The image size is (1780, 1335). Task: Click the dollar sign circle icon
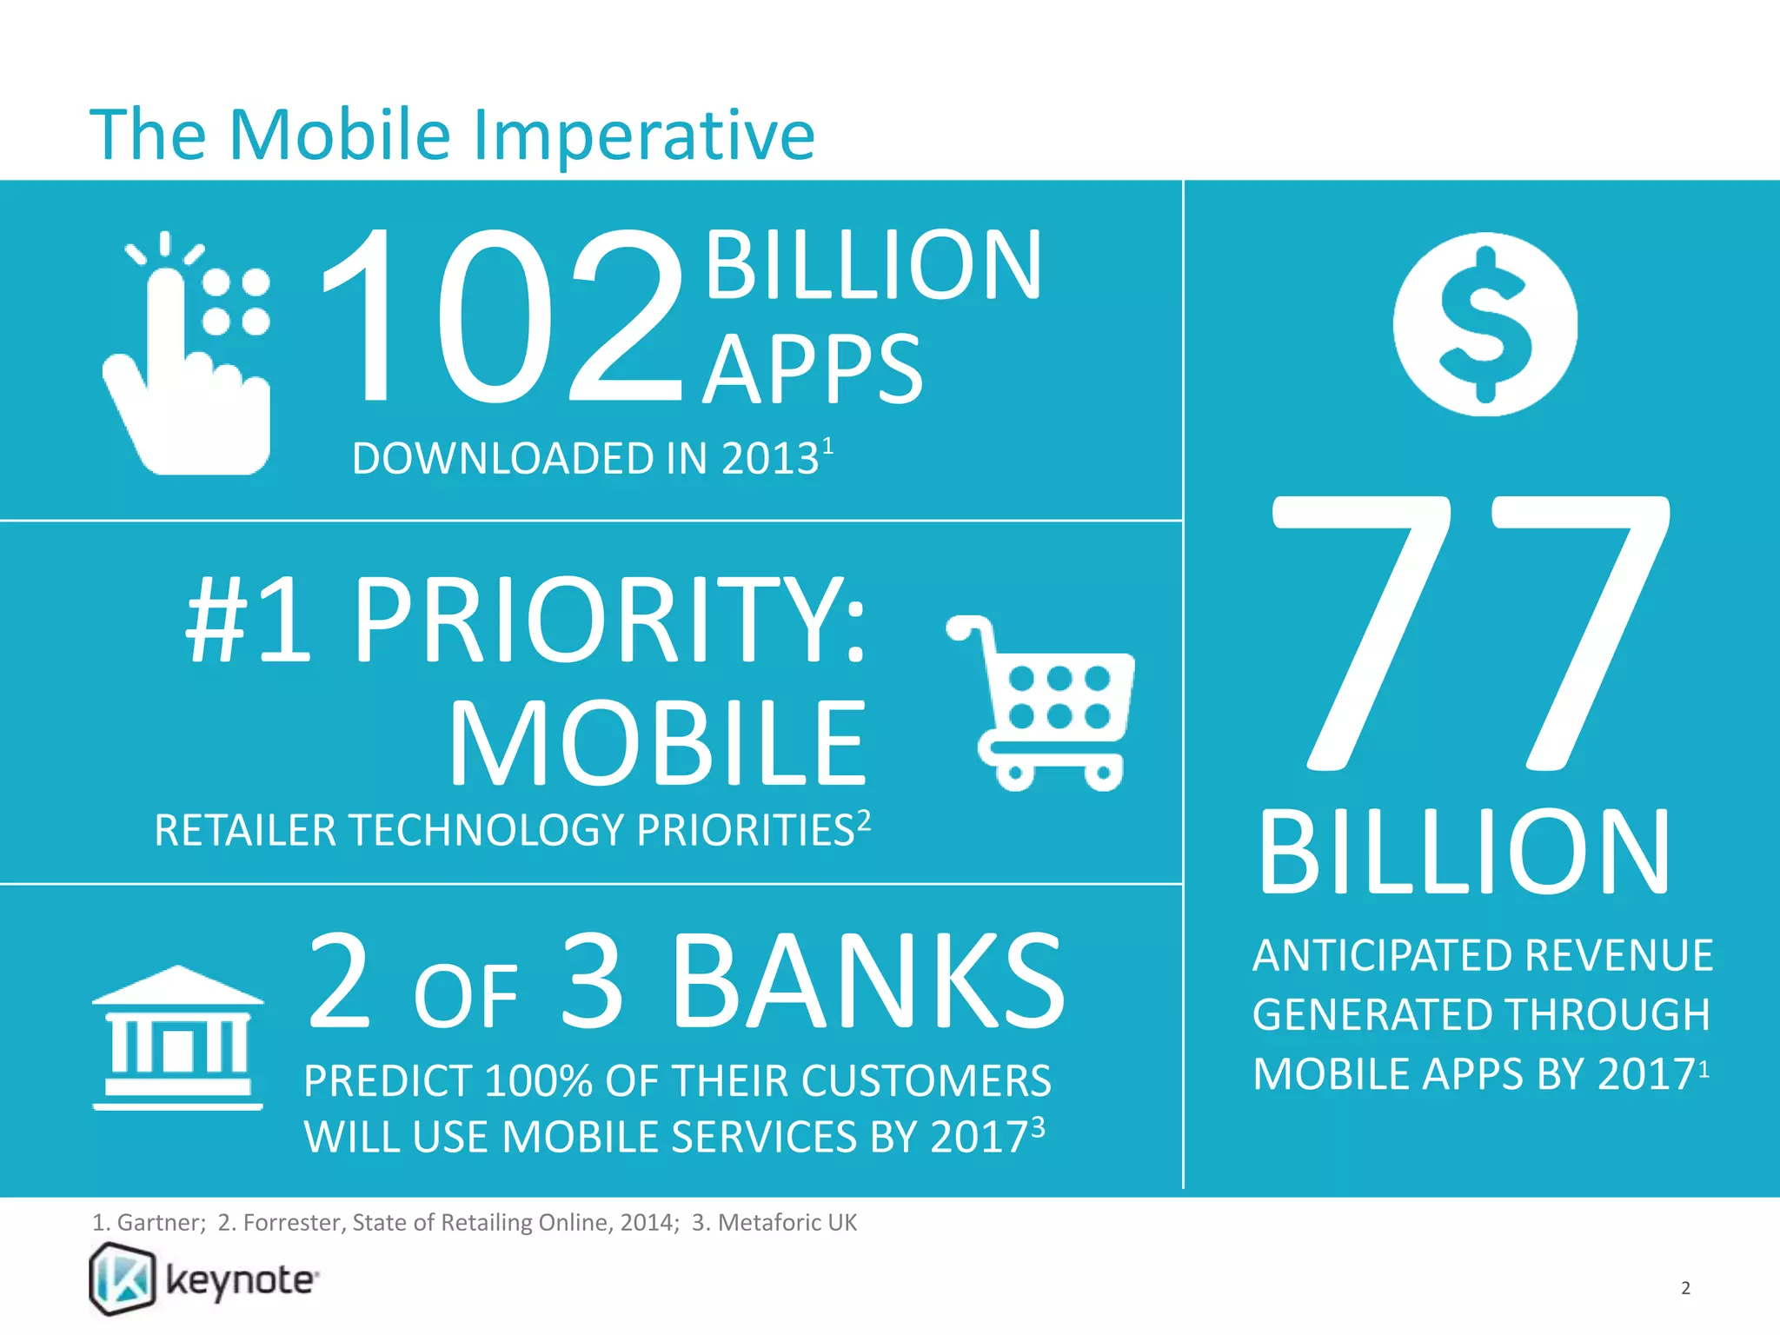click(x=1484, y=324)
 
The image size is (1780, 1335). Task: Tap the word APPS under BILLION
click(x=813, y=370)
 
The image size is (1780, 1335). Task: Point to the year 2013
click(x=770, y=458)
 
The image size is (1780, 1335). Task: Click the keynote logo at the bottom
click(x=205, y=1279)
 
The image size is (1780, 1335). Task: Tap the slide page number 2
click(x=1685, y=1288)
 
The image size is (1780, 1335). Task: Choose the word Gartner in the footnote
click(x=159, y=1223)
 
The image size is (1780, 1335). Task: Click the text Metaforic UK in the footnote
click(x=787, y=1223)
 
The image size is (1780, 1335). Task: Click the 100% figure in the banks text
click(x=538, y=1081)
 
